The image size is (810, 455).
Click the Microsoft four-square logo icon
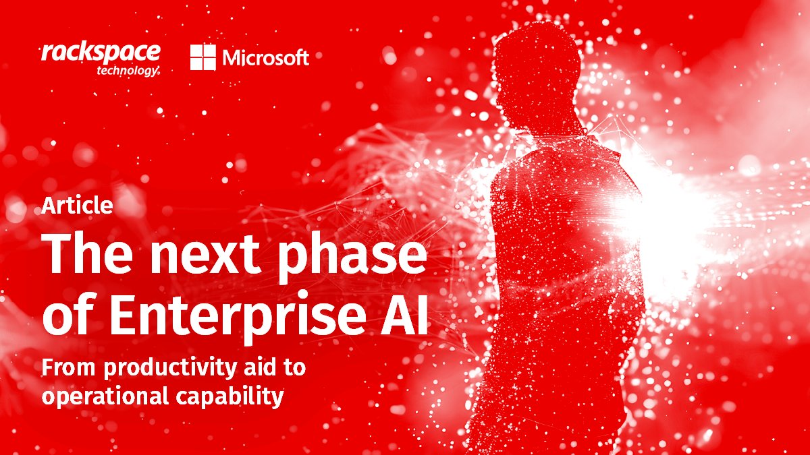pyautogui.click(x=202, y=57)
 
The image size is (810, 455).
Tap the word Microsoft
pyautogui.click(x=265, y=58)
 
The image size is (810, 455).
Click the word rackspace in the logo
pyautogui.click(x=101, y=52)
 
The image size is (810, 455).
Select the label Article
pyautogui.click(x=78, y=206)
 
